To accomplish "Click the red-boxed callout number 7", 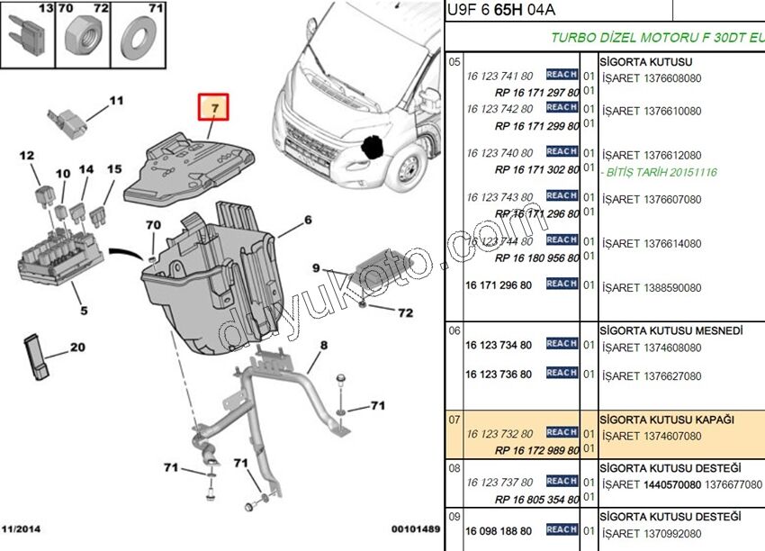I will pyautogui.click(x=214, y=109).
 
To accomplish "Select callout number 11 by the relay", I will pyautogui.click(x=116, y=101).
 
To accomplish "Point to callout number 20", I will pyautogui.click(x=77, y=348).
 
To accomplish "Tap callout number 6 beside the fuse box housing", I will pyautogui.click(x=307, y=220).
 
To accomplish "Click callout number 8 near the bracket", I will pyautogui.click(x=323, y=345).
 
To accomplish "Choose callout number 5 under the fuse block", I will pyautogui.click(x=84, y=312).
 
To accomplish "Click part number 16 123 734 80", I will pyautogui.click(x=499, y=345).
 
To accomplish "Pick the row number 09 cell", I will pyautogui.click(x=454, y=517).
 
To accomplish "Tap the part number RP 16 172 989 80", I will pyautogui.click(x=537, y=449).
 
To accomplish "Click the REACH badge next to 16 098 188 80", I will pyautogui.click(x=562, y=529).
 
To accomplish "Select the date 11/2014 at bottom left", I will pyautogui.click(x=22, y=528).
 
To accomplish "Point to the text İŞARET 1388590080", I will pyautogui.click(x=652, y=288).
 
